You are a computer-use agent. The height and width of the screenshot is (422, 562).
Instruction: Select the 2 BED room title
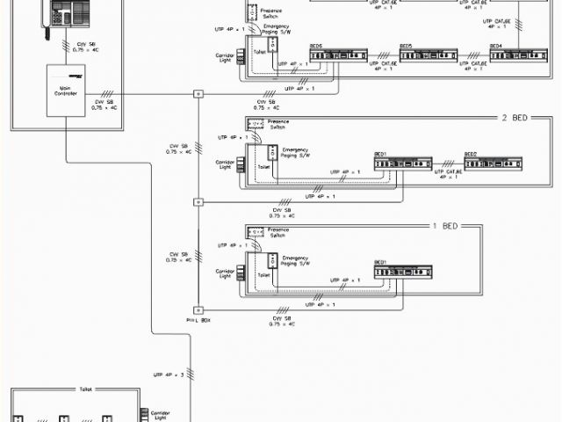click(515, 118)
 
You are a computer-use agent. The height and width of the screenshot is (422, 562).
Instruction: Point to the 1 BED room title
click(445, 226)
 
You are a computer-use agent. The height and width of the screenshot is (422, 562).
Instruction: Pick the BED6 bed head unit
click(338, 56)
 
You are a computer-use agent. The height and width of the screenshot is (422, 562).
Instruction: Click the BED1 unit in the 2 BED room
click(403, 164)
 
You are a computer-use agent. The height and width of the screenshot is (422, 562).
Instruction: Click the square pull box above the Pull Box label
click(198, 309)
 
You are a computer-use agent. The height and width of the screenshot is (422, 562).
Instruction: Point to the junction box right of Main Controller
click(198, 93)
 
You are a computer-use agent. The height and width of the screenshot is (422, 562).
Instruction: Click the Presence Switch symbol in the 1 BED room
click(256, 232)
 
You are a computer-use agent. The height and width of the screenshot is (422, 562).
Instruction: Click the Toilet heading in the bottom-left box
click(86, 389)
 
